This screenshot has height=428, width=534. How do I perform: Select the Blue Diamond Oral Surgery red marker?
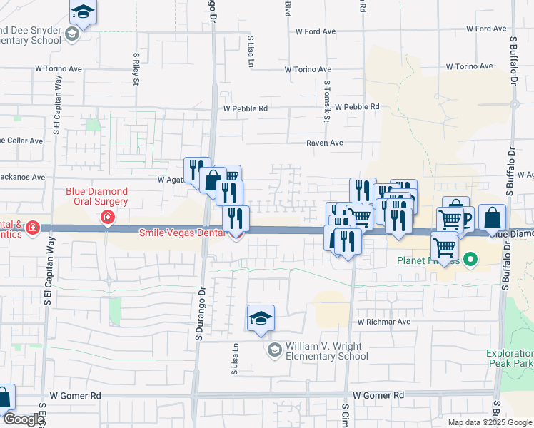107,217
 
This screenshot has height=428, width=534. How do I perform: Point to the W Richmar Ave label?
384,322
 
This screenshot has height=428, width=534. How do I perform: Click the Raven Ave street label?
325,143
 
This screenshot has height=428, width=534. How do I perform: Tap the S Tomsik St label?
326,101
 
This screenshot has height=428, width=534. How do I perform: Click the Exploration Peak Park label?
509,358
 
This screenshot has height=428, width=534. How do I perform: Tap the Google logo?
23,420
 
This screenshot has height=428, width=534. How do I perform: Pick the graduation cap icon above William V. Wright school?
261,318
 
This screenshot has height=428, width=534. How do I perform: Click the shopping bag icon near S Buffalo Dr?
492,218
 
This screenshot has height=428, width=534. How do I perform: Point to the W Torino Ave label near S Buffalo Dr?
469,66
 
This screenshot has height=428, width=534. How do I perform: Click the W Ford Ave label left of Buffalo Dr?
486,29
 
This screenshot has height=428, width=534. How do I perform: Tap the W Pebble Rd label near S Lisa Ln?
245,109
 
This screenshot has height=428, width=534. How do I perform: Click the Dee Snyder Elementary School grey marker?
71,34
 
